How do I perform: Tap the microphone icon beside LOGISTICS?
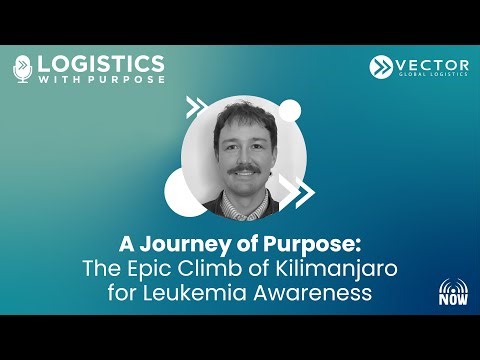click(23, 69)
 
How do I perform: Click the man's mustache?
click(244, 173)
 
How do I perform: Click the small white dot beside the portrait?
click(291, 107)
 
